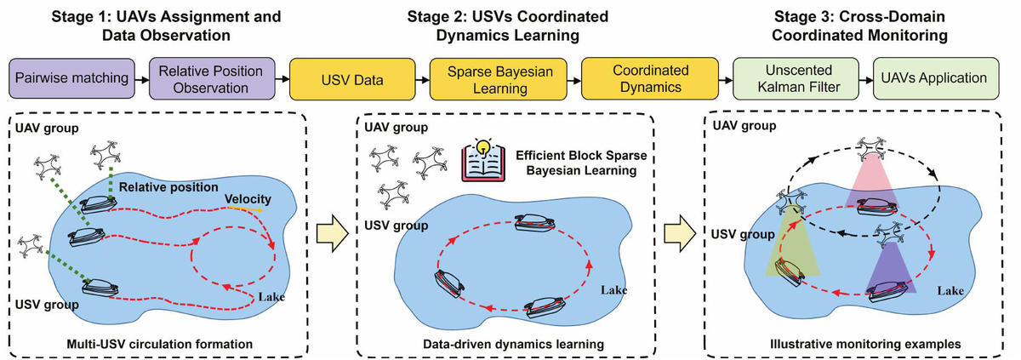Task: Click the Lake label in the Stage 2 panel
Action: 614,289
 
